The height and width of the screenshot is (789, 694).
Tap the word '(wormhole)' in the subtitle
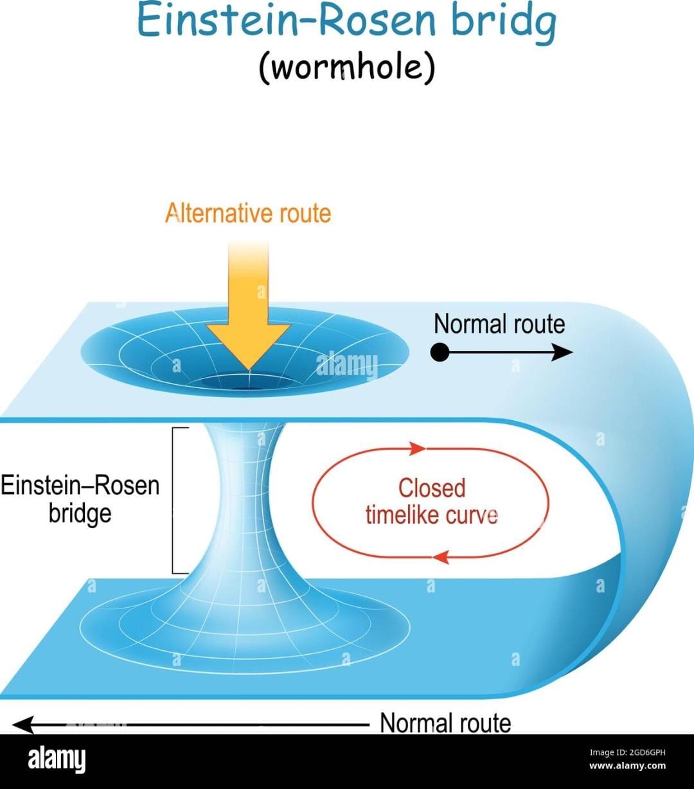tap(346, 67)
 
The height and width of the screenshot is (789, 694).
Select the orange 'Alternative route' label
tap(248, 213)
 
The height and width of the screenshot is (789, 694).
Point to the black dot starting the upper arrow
tap(440, 352)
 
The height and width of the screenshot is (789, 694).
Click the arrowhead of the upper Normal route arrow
tap(564, 352)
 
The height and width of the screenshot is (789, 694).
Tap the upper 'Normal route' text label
tap(499, 324)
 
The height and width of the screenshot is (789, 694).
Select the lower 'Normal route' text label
tap(445, 723)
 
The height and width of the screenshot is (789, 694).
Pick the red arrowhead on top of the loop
tap(418, 448)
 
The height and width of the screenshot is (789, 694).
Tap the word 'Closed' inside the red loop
tap(431, 488)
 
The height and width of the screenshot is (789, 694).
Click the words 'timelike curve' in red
tap(431, 515)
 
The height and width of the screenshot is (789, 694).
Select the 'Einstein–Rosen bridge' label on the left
tap(80, 499)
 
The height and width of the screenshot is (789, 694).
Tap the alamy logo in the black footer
tap(57, 761)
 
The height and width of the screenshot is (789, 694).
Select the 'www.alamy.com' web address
tap(627, 766)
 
